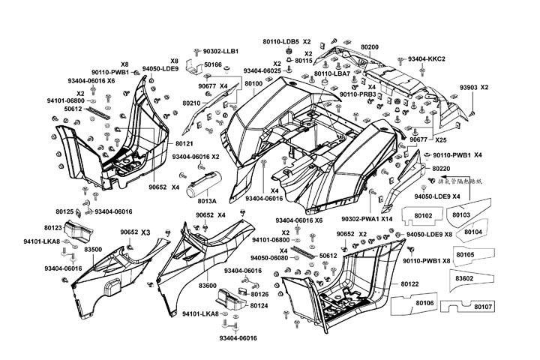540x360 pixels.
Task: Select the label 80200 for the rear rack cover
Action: [x=370, y=46]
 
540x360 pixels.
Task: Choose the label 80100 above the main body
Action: [x=253, y=84]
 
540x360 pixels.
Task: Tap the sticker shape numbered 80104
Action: [x=472, y=233]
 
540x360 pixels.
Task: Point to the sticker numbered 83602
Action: [x=464, y=277]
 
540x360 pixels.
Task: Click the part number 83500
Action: [x=93, y=248]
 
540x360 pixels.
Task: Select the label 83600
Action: [x=208, y=286]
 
